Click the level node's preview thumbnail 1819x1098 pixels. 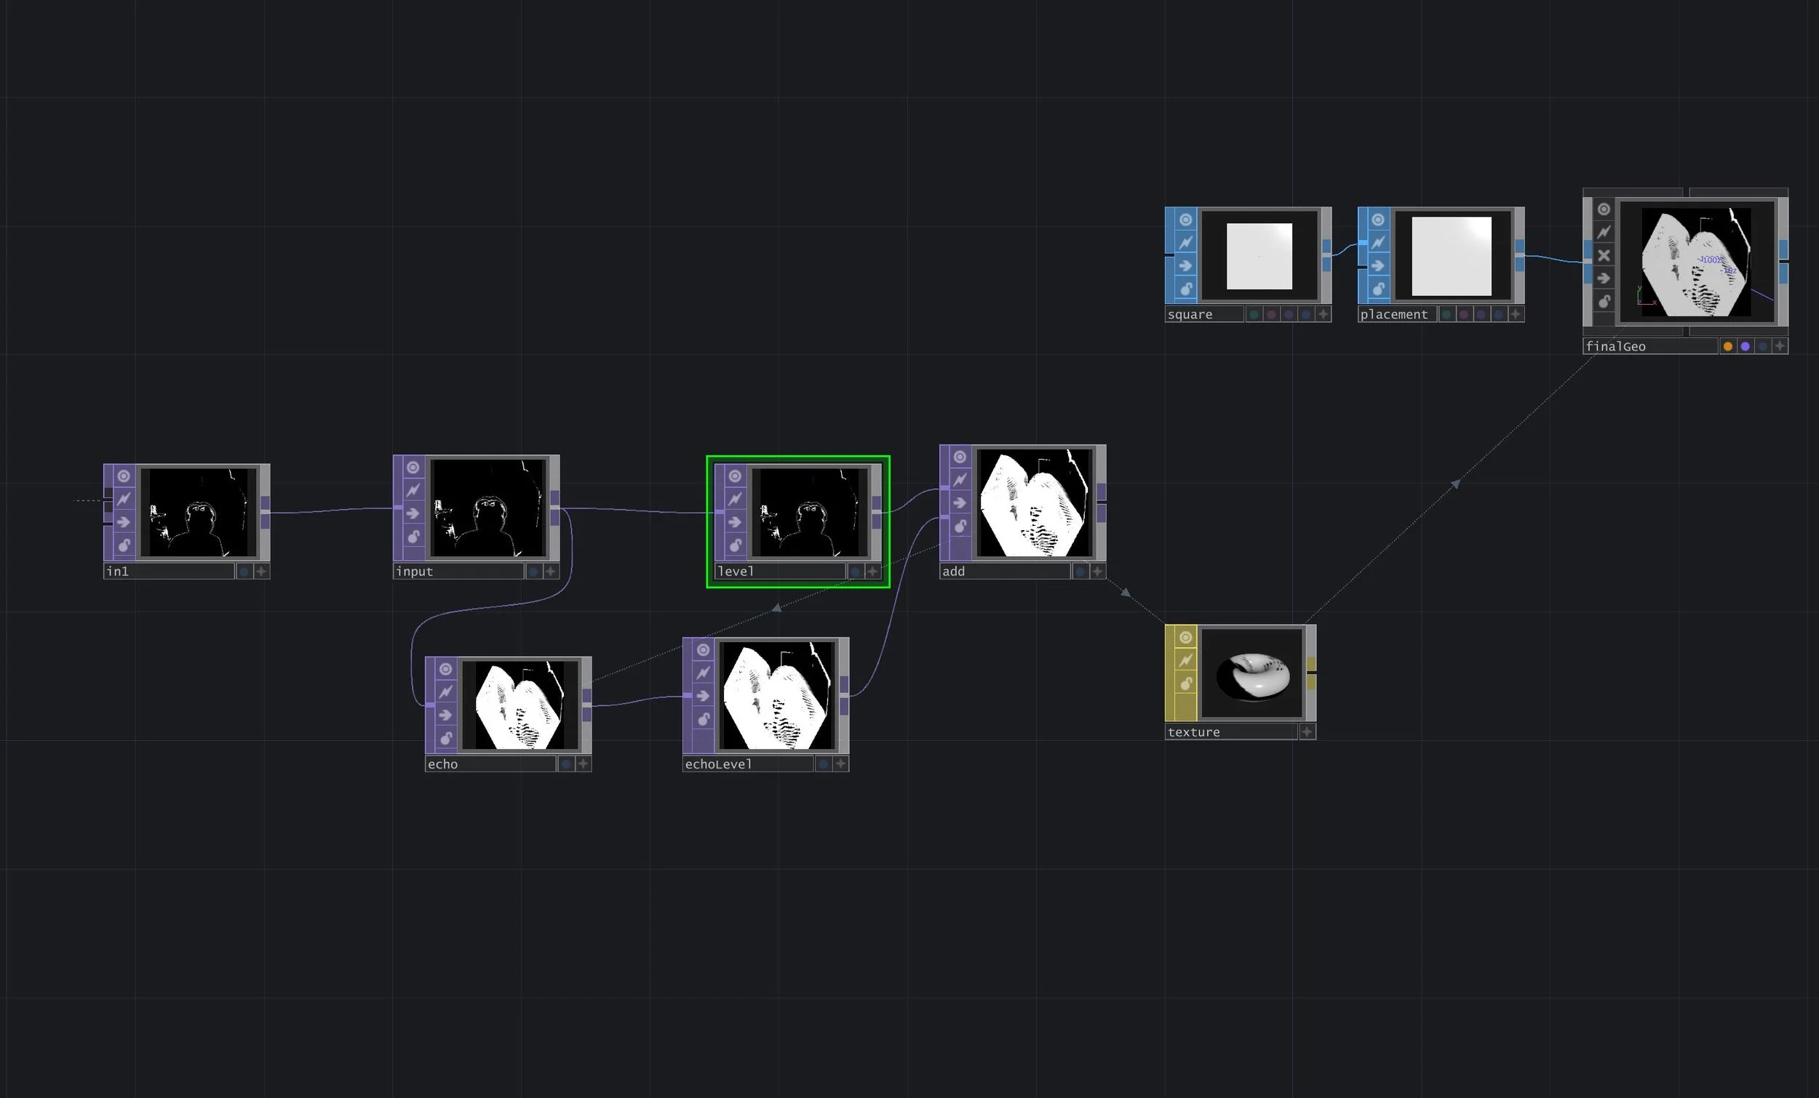pyautogui.click(x=810, y=512)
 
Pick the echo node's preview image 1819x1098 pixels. pyautogui.click(x=519, y=705)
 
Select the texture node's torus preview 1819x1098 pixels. pyautogui.click(x=1252, y=673)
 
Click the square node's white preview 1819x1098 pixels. pyautogui.click(x=1259, y=256)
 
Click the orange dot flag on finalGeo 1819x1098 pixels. pyautogui.click(x=1727, y=346)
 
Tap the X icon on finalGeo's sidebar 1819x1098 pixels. pyautogui.click(x=1604, y=255)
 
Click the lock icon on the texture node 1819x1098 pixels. pyautogui.click(x=1185, y=684)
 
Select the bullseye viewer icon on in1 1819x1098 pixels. pyautogui.click(x=123, y=476)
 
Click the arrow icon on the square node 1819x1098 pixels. pyautogui.click(x=1185, y=265)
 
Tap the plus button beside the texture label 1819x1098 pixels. pyautogui.click(x=1307, y=732)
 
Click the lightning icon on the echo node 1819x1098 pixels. pyautogui.click(x=445, y=692)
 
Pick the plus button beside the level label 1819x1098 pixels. pyautogui.click(x=872, y=571)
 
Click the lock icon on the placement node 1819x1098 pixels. pyautogui.click(x=1378, y=289)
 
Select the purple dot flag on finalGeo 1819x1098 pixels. pyautogui.click(x=1746, y=346)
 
